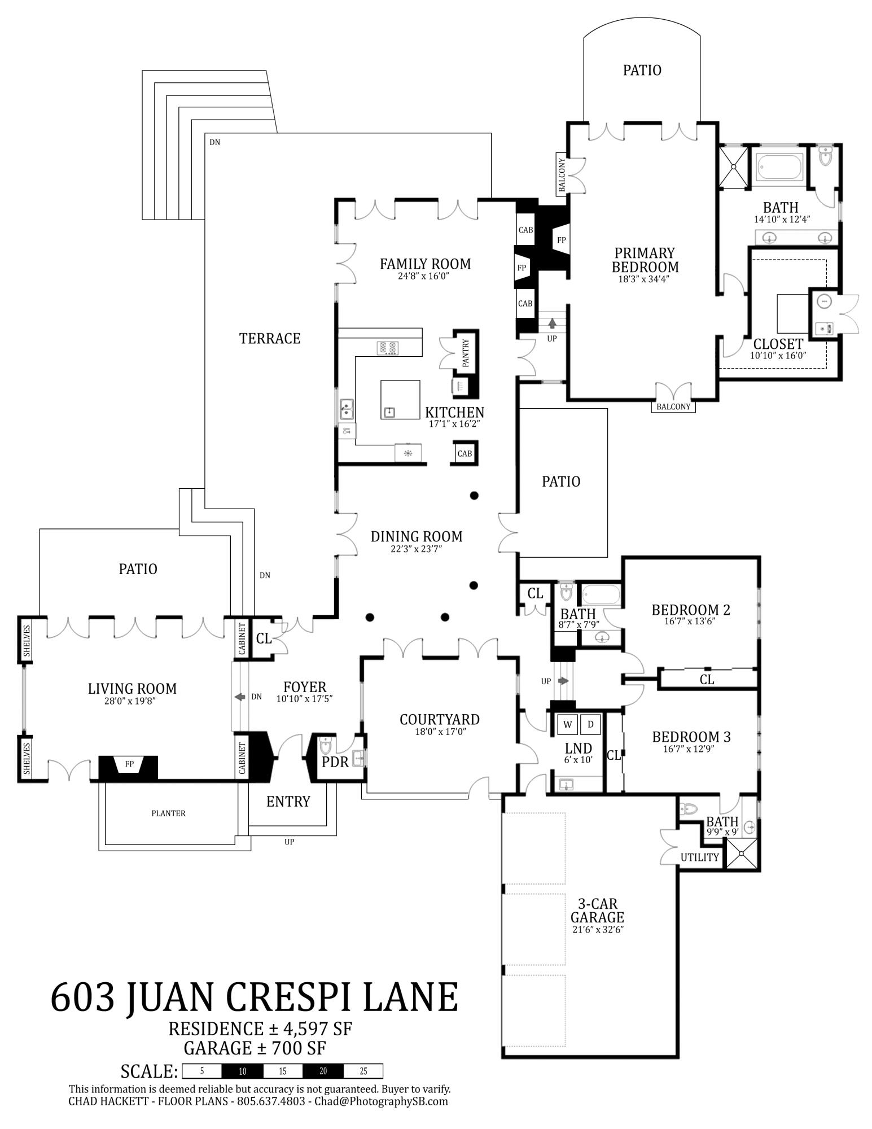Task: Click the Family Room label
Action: (x=425, y=264)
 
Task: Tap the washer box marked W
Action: (x=567, y=724)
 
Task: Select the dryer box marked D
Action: (x=590, y=724)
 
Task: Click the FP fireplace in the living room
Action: (x=129, y=765)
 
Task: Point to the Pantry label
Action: (x=466, y=353)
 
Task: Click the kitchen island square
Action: (x=400, y=399)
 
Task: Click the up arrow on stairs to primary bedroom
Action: (x=552, y=323)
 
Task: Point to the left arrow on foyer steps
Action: (x=240, y=697)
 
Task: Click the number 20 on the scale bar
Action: (x=322, y=1071)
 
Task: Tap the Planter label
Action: (x=168, y=813)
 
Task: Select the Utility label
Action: (x=699, y=857)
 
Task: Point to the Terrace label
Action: (x=270, y=338)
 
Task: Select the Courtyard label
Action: (x=439, y=719)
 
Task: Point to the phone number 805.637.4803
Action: (x=270, y=1101)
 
